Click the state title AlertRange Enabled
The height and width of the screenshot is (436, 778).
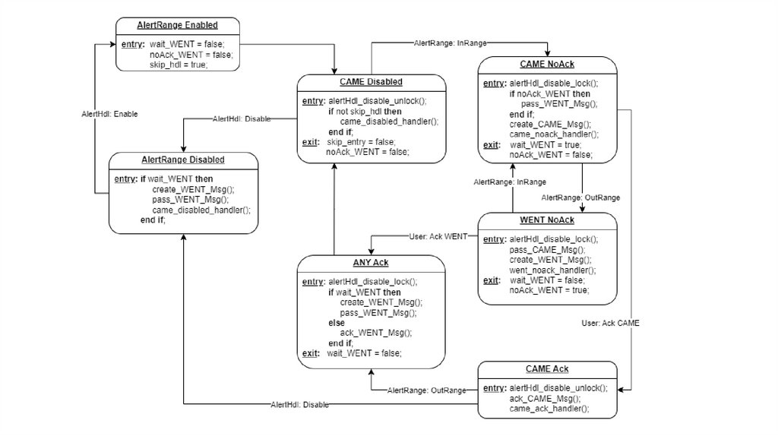177,25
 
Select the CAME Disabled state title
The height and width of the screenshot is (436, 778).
371,82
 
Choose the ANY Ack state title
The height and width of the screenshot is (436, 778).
370,263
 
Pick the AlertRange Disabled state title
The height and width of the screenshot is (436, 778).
183,160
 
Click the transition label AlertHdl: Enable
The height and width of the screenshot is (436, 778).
109,113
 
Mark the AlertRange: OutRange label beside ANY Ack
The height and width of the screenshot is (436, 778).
427,390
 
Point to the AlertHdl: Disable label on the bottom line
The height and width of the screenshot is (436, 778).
300,405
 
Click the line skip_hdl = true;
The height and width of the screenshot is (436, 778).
179,65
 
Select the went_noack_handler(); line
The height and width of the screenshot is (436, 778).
552,270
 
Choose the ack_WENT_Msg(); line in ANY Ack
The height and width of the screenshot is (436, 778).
376,333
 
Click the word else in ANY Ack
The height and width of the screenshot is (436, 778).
336,323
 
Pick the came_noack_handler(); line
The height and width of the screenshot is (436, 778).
554,134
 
